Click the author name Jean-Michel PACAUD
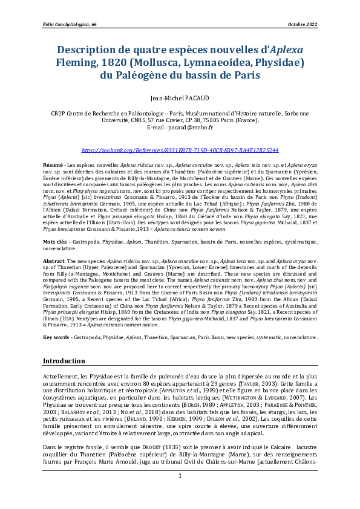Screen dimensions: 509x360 [179, 97]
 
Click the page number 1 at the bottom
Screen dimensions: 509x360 [180, 493]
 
